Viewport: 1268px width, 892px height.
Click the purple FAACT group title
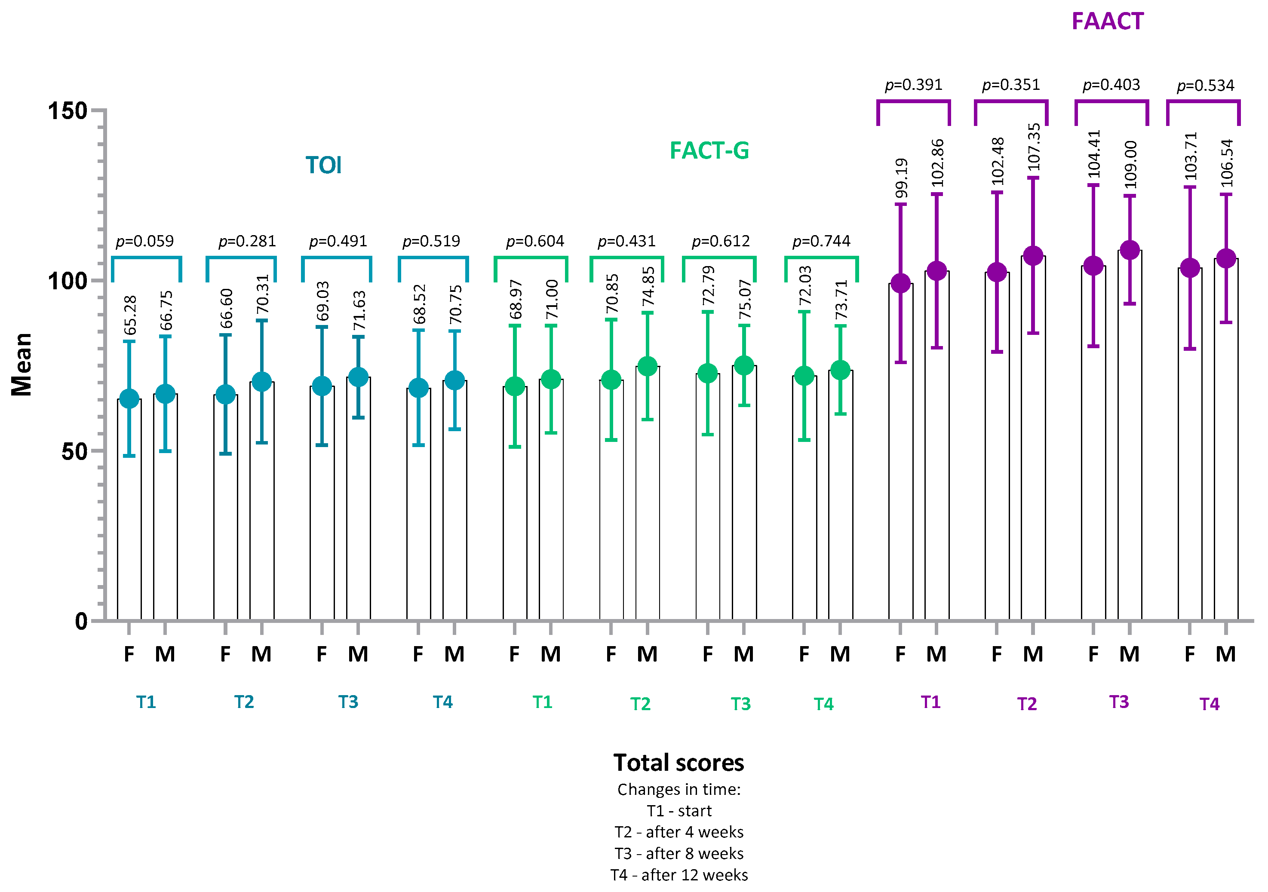click(1107, 21)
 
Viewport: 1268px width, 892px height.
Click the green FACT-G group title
click(709, 151)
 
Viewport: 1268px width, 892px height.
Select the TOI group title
click(324, 165)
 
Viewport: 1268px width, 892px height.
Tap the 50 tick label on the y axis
click(74, 451)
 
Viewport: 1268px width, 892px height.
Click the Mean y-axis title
click(21, 364)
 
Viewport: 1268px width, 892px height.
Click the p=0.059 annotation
click(145, 241)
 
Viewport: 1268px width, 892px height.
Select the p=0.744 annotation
click(821, 241)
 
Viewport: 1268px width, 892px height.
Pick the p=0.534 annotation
click(1205, 86)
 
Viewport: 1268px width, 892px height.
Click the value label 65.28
click(130, 315)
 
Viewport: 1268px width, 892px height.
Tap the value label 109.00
click(1130, 165)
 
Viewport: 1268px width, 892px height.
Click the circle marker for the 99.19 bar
click(900, 283)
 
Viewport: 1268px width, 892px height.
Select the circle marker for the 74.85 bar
click(647, 366)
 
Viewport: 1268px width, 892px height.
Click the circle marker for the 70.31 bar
click(262, 381)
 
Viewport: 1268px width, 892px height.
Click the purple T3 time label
click(1119, 702)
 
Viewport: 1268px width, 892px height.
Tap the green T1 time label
click(542, 702)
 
